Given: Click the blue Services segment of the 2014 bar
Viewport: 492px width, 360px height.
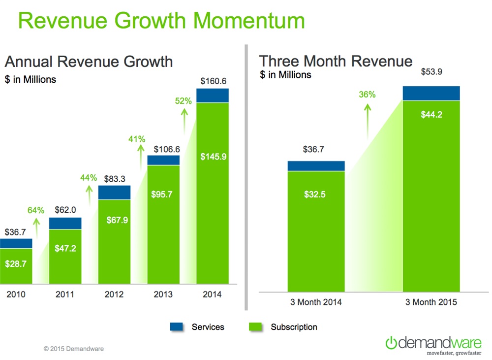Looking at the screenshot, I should point(213,96).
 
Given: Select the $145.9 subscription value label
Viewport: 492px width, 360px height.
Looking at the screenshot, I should point(213,157).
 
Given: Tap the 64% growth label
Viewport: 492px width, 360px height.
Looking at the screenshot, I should point(35,210).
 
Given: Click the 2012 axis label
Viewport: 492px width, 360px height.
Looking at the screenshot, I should point(114,295).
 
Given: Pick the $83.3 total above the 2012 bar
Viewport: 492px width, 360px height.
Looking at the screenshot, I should point(114,180).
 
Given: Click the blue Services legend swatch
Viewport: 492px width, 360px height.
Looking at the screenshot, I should point(177,327).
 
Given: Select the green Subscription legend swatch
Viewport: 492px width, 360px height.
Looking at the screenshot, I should point(256,327).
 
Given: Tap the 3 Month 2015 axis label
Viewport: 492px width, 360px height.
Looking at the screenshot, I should point(431,302).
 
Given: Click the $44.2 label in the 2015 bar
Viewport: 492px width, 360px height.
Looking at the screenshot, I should point(431,116).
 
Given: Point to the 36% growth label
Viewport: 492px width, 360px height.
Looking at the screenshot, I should point(367,95).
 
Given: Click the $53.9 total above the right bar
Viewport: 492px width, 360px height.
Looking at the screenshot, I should point(431,72).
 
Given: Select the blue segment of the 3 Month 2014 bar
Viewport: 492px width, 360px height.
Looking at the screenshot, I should point(316,166).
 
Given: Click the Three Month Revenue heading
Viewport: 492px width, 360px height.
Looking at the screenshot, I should point(336,61).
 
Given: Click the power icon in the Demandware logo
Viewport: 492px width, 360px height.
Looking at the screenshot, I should point(391,342).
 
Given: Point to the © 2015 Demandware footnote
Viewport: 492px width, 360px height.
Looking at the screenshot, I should point(74,349).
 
